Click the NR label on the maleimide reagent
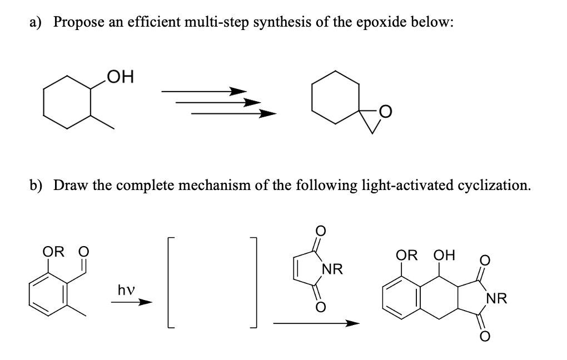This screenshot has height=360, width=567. click(x=331, y=271)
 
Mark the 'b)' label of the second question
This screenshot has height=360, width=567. click(x=40, y=185)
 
